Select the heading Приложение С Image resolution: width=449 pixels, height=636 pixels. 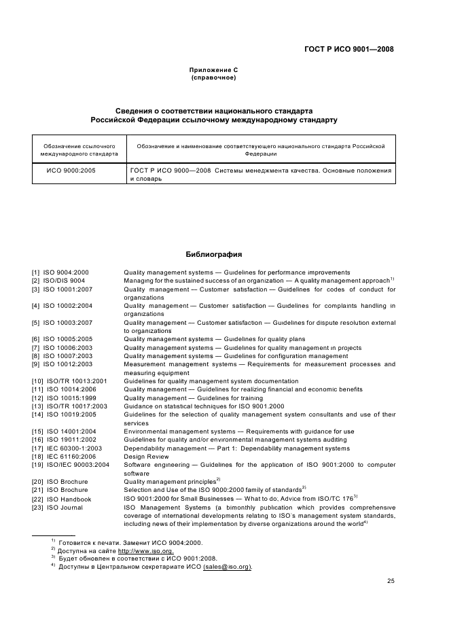(214, 70)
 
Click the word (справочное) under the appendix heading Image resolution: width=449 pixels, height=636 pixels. (214, 77)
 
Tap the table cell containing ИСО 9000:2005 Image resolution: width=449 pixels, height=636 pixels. (71, 171)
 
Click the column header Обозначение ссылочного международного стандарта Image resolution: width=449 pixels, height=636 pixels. (79, 149)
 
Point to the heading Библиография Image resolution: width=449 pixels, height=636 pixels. (214, 255)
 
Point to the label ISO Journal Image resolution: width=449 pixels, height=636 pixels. (63, 507)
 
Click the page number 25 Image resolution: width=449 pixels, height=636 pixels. (391, 581)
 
